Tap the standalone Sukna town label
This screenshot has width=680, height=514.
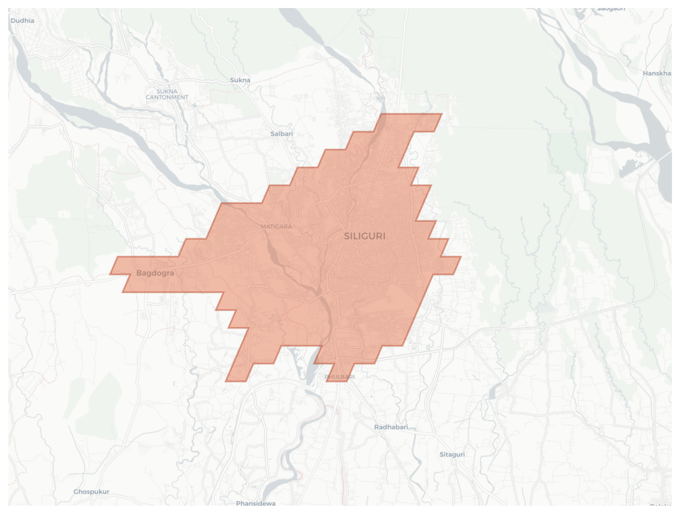(240, 80)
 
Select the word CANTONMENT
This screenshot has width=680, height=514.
(167, 97)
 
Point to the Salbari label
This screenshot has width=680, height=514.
(282, 134)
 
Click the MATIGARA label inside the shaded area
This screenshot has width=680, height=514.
(276, 226)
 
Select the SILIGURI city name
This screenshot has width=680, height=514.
(364, 236)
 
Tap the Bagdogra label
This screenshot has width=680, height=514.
(155, 273)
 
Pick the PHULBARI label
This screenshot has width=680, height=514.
(340, 377)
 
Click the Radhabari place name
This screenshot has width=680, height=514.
(391, 427)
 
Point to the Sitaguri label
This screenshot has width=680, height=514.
(452, 454)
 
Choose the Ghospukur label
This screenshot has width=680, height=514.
(91, 492)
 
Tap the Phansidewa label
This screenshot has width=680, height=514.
(256, 503)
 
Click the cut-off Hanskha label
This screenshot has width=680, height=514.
(657, 74)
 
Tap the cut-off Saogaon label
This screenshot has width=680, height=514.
(611, 9)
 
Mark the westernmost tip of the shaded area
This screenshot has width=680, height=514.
(110, 274)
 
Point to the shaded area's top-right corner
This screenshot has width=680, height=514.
(442, 114)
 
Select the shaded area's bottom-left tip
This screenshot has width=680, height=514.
(226, 381)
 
